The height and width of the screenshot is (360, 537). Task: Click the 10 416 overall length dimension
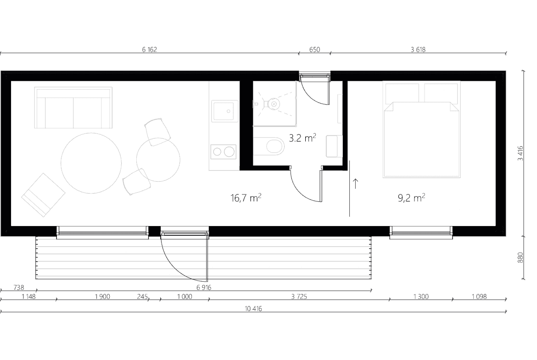[253, 309]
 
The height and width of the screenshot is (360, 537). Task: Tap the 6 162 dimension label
[150, 50]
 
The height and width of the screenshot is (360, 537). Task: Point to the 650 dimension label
[314, 50]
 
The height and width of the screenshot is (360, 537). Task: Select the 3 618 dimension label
[418, 50]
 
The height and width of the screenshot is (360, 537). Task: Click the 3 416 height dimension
[520, 153]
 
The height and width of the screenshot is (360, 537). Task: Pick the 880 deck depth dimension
[520, 258]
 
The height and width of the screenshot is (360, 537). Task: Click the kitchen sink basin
[224, 111]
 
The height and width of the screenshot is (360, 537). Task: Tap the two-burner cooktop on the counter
[224, 151]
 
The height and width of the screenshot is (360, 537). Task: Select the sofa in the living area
[73, 108]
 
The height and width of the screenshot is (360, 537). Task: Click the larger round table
[91, 163]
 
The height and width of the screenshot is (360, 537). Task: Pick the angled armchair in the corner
[43, 194]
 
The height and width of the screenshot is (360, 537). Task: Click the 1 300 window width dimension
[420, 297]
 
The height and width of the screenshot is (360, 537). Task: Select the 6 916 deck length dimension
[203, 288]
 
